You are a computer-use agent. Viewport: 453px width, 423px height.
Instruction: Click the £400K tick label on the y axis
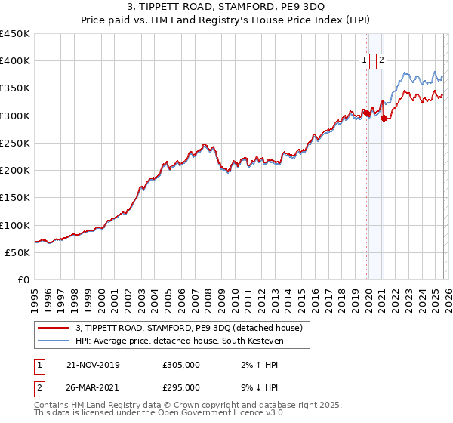pos(15,61)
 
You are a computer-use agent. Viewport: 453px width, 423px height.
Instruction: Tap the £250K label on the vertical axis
pos(15,143)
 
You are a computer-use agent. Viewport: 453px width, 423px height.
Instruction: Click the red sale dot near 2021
pos(384,118)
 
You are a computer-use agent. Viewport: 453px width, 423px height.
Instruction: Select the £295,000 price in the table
pos(181,387)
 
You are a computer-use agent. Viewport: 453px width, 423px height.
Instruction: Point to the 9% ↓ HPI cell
pos(254,387)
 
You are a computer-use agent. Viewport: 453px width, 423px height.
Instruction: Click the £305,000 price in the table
pos(181,365)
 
